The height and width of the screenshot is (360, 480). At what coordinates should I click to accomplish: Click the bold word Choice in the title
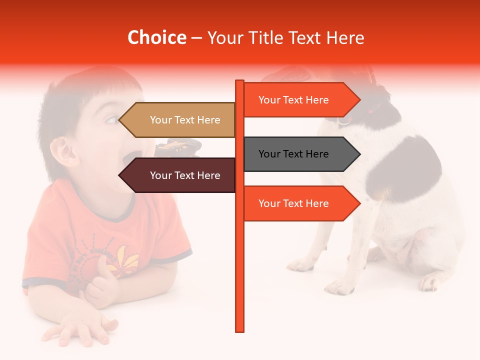[156, 37]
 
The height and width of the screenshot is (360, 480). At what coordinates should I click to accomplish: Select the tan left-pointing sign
[180, 120]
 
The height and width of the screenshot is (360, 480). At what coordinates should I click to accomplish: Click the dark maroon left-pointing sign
[180, 175]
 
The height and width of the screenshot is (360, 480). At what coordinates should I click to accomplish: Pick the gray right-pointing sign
[300, 154]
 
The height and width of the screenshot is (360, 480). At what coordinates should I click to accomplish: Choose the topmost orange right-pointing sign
[300, 100]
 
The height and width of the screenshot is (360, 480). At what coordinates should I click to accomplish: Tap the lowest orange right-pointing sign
[300, 203]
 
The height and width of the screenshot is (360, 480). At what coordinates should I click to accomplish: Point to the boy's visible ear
[62, 150]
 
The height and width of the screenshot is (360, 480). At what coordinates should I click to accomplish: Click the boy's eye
[111, 120]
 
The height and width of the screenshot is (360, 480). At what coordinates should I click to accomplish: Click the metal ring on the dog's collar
[343, 120]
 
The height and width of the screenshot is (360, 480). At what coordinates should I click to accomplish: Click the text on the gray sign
[293, 154]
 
